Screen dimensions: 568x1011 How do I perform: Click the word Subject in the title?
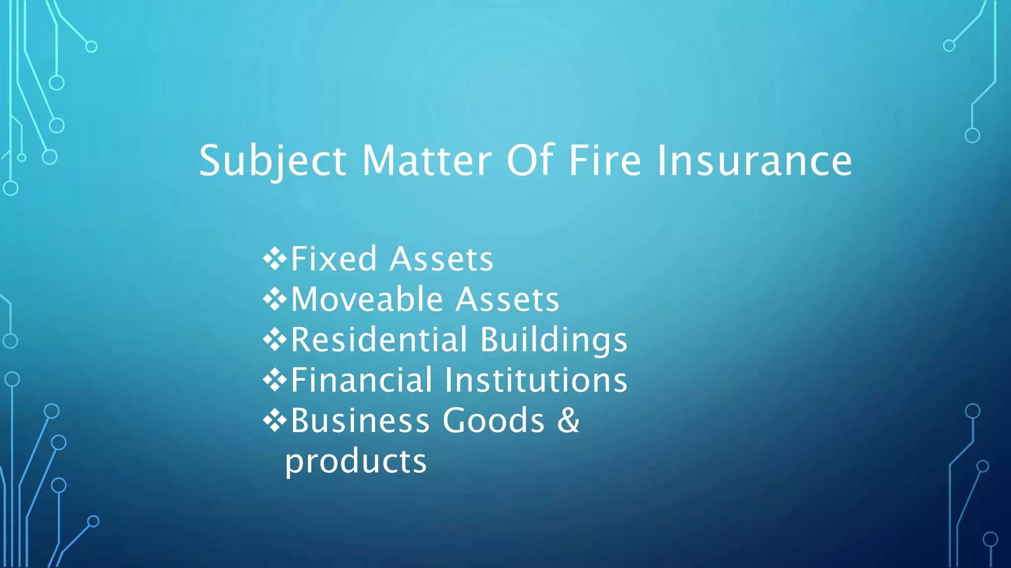click(272, 161)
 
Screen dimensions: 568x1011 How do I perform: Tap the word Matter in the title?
click(427, 161)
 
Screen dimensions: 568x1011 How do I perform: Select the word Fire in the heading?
click(605, 161)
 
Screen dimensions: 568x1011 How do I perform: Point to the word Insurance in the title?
click(754, 161)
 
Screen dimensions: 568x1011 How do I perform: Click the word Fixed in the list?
click(334, 259)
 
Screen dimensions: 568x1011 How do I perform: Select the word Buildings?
click(553, 341)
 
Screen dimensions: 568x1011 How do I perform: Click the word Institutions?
click(536, 380)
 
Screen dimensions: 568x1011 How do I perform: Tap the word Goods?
click(494, 421)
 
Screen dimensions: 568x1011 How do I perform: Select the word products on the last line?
click(356, 462)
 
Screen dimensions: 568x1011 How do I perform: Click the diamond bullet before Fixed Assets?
click(275, 258)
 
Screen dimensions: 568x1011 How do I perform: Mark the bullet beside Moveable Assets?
click(275, 299)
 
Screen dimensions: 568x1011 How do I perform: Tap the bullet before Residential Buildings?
click(275, 339)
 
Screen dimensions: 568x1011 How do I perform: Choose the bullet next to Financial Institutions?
click(275, 380)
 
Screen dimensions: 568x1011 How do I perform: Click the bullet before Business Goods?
click(275, 420)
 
